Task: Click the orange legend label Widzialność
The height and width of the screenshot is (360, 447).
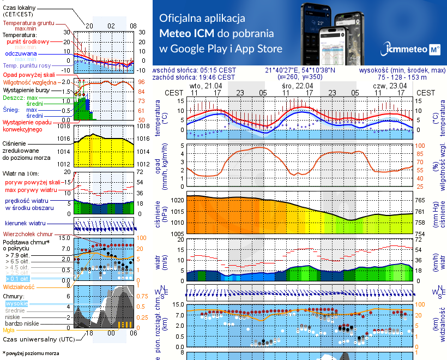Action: (19, 286)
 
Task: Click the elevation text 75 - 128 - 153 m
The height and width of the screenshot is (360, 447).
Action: (403, 77)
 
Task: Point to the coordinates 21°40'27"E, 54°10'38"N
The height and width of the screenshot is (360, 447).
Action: (300, 70)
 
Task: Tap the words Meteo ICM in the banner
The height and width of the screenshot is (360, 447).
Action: (187, 33)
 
